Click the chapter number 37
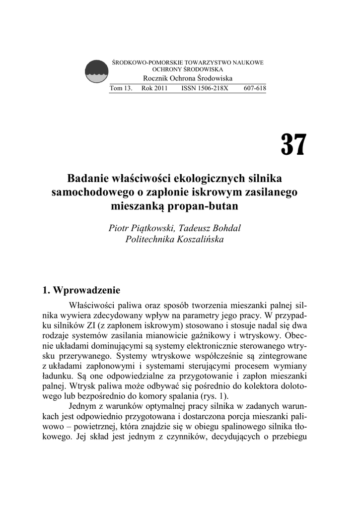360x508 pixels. [294, 144]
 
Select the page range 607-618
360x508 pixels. [255, 89]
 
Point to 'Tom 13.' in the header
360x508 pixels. [121, 89]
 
